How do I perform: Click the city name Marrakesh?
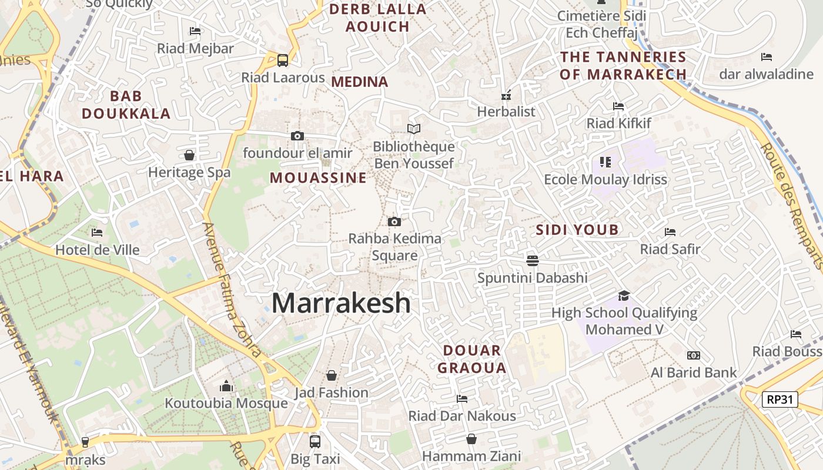coord(341,303)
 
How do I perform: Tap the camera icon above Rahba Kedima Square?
coord(394,221)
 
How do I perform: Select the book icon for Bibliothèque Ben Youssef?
coord(414,129)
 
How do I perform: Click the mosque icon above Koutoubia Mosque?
coord(226,386)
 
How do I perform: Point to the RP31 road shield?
coord(780,399)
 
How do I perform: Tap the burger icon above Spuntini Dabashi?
coord(533,260)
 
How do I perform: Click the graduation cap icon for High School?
coord(624,296)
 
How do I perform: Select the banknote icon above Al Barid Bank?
coord(694,355)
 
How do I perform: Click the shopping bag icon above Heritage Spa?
coord(189,155)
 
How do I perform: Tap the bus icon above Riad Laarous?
coord(283,60)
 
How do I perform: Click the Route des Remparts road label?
coord(792,206)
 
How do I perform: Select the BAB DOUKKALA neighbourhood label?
coord(126,105)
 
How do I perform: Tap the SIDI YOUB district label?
coord(577,230)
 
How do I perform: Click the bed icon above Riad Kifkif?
coord(618,106)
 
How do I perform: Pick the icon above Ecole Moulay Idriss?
coord(605,162)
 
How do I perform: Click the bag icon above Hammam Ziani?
coord(471,439)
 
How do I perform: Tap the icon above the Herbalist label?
coord(506,95)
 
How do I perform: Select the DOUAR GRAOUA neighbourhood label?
coord(474,359)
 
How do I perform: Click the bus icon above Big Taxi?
coord(315,441)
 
